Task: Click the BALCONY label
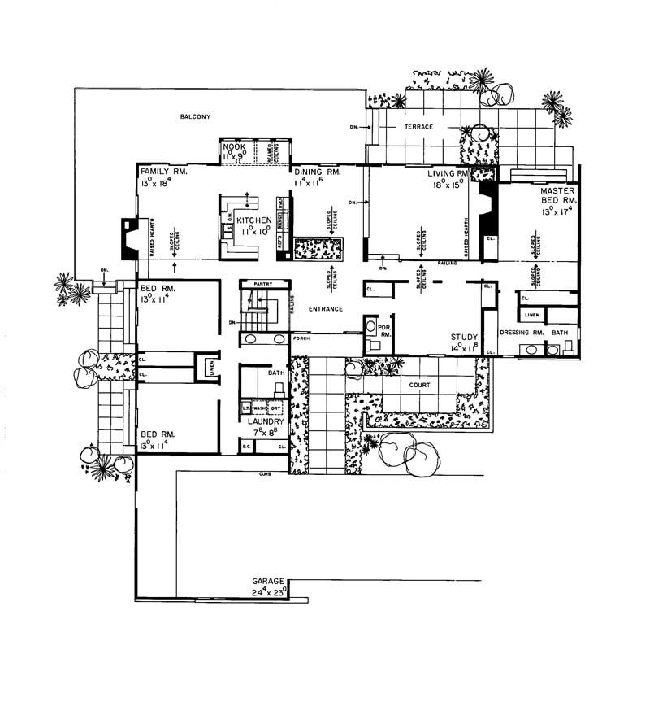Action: [x=195, y=117]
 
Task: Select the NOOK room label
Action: [x=234, y=146]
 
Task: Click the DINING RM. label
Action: [x=316, y=172]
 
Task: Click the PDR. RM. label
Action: [x=386, y=329]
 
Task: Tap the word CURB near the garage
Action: [x=264, y=473]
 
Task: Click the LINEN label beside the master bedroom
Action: [x=531, y=314]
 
